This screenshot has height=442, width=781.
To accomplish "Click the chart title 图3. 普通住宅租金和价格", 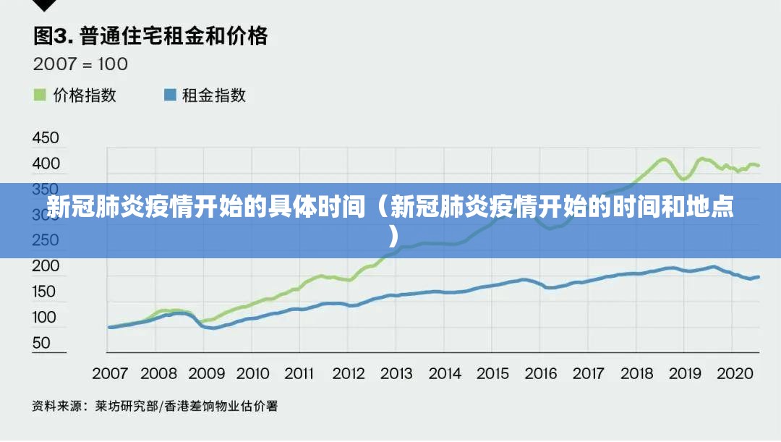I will coord(150,35).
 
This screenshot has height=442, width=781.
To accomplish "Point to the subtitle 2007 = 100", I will coord(80,64).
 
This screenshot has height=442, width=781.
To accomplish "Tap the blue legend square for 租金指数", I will coord(171,95).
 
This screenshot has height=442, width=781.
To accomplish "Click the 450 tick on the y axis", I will coord(46,137).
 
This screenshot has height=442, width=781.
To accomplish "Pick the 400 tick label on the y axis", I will coord(46,163).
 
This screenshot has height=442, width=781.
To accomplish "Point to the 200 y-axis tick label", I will coord(46,265).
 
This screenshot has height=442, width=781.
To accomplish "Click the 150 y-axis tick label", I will coord(46,292).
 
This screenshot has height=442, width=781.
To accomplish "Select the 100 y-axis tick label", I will coord(46,317).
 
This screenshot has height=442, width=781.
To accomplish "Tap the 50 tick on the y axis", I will coord(41,342).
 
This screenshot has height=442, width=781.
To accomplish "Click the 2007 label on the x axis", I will coord(110,373).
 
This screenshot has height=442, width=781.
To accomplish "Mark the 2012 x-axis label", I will coord(349,373).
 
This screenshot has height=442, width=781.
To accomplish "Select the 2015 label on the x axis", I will coord(492,373).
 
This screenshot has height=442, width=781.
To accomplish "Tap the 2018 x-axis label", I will coord(637,373).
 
